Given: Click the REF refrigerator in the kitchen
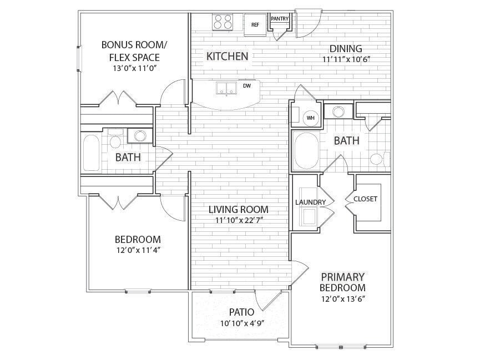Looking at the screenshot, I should tap(255, 24).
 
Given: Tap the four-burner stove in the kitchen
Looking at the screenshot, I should tap(224, 22).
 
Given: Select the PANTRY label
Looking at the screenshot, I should tap(280, 19).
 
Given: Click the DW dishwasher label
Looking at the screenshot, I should tap(247, 86).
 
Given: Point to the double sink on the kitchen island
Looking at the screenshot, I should tap(225, 88).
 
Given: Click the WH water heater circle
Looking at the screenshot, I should tap(310, 117).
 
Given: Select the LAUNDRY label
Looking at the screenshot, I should tap(306, 202).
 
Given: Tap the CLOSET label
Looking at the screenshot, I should tap(365, 199).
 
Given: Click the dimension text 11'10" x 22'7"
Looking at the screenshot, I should tap(238, 220).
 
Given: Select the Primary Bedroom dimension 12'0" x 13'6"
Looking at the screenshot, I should tap(342, 299).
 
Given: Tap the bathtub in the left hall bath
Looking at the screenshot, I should tap(92, 153).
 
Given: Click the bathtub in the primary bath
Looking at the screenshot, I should tap(306, 150).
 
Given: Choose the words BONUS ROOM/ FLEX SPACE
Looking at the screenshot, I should tap(134, 51).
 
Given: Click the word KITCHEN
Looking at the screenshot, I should tap(227, 56).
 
